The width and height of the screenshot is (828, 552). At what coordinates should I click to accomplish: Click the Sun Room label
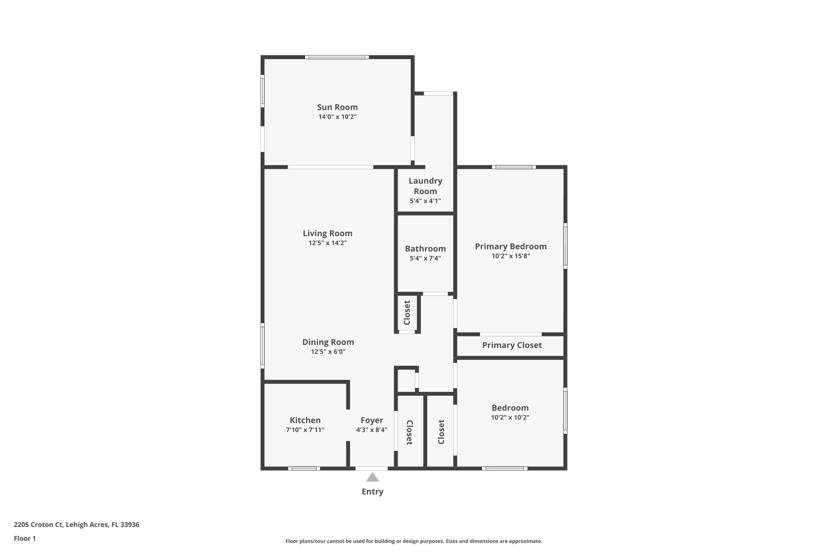[337, 107]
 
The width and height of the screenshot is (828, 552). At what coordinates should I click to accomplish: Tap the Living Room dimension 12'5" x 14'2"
[327, 243]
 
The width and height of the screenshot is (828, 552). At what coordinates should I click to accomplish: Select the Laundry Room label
[425, 186]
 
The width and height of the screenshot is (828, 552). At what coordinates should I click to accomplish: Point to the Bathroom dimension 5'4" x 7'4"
[425, 258]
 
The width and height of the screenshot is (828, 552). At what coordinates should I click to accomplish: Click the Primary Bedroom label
[511, 246]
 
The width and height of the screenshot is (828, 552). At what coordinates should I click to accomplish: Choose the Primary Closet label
[512, 345]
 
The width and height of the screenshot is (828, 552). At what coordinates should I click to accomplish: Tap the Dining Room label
[328, 342]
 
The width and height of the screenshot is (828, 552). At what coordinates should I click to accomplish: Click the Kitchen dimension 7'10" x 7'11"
[305, 430]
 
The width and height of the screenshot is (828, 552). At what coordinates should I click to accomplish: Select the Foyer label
[372, 420]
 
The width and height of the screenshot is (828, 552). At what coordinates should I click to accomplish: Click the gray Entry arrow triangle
[372, 478]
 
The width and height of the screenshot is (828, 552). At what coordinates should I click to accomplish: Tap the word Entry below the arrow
[372, 492]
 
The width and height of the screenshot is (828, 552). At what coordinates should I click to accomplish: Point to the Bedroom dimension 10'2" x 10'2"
[510, 417]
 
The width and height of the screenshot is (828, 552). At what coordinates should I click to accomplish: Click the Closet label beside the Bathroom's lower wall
[407, 313]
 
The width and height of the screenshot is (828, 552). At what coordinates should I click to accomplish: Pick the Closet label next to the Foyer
[409, 432]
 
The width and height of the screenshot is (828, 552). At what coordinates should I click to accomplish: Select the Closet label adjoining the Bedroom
[441, 431]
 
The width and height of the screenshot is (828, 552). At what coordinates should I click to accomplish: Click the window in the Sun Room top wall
[337, 57]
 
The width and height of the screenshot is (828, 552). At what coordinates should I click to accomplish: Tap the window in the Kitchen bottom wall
[304, 469]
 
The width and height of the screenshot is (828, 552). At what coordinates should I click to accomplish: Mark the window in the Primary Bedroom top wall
[514, 167]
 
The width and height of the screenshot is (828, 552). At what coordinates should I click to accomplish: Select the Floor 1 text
[25, 538]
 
